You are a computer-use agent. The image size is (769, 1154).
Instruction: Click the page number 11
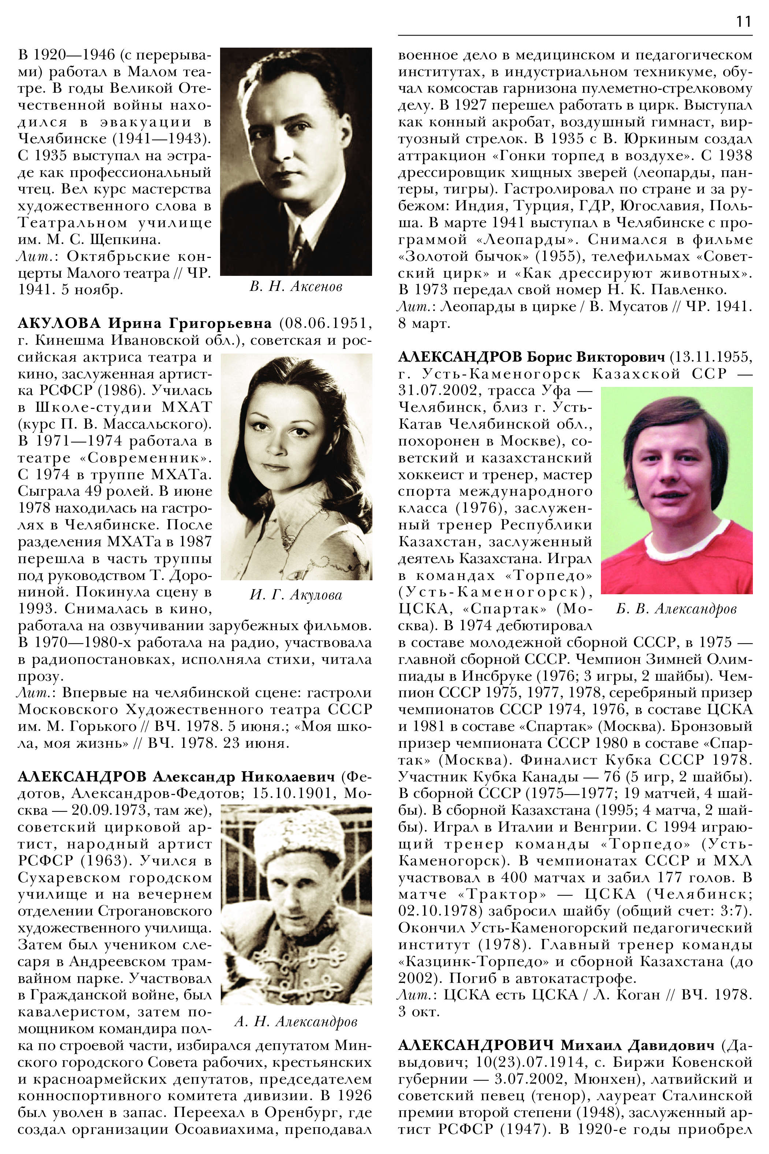click(743, 21)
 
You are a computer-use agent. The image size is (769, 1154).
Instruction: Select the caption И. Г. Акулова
click(296, 595)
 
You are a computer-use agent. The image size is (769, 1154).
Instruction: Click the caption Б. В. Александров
click(676, 609)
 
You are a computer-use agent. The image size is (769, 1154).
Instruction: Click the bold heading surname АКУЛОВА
click(59, 323)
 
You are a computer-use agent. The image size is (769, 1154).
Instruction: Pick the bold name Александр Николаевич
click(244, 777)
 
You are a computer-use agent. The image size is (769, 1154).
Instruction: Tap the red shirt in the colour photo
click(676, 564)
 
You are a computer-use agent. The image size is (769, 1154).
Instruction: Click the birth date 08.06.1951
click(325, 323)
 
